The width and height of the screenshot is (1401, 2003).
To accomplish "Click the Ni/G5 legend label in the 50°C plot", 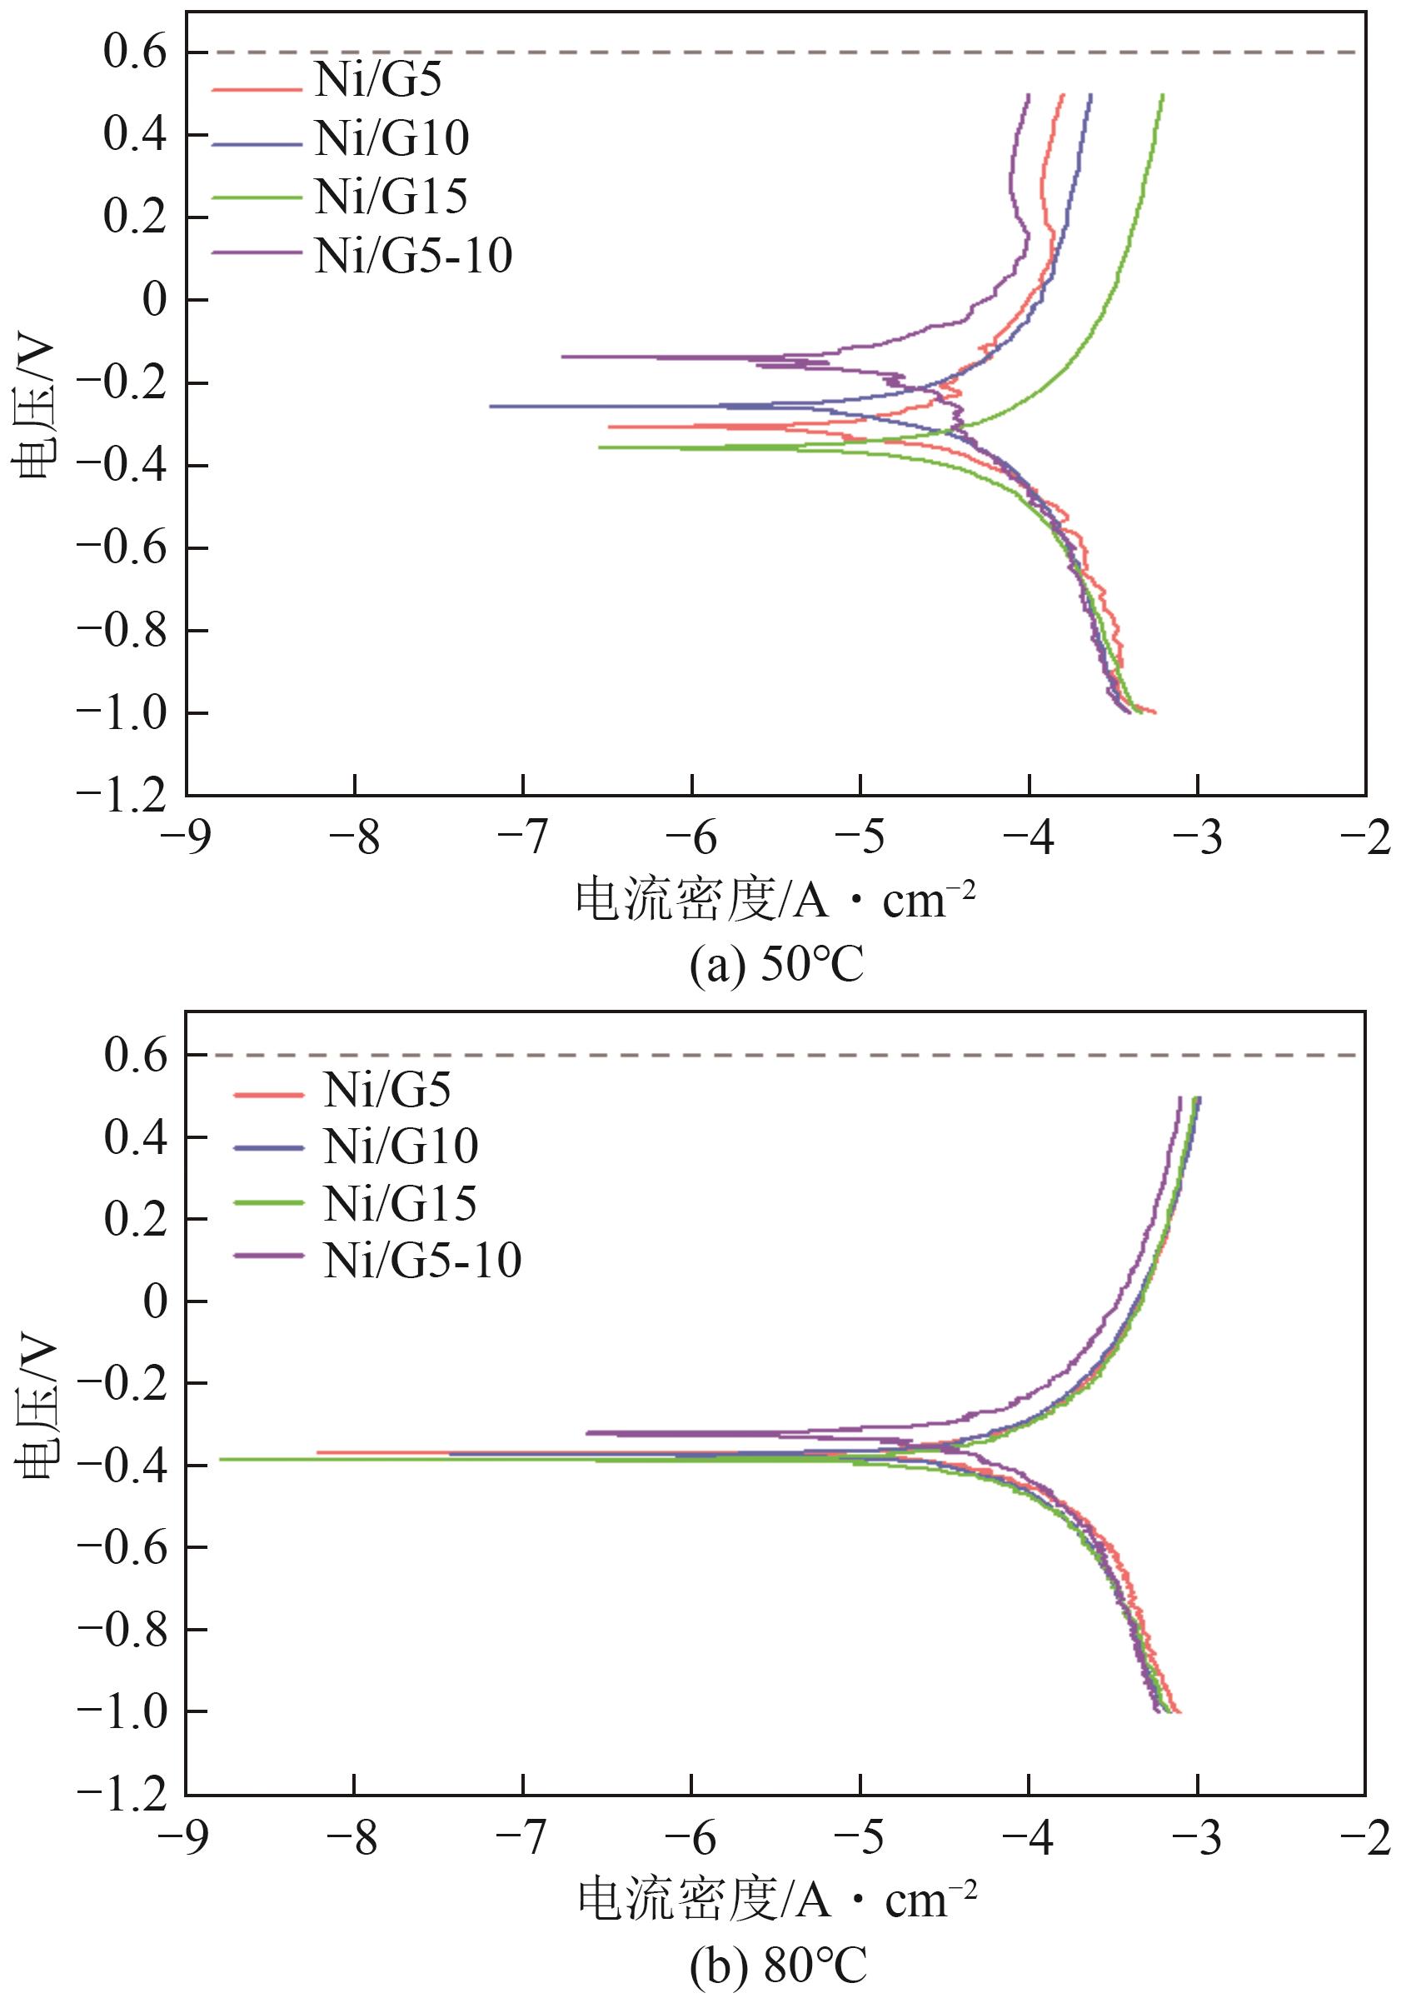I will (x=377, y=80).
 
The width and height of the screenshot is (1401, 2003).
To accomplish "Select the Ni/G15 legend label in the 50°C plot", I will (x=391, y=197).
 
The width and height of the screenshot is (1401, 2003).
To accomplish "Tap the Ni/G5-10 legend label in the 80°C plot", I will (x=422, y=1261).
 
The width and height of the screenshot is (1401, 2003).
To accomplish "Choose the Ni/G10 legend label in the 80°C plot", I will (x=401, y=1146).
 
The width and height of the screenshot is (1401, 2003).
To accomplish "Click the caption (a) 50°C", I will (x=775, y=966).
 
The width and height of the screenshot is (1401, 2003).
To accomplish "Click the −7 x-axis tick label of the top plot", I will (x=522, y=838).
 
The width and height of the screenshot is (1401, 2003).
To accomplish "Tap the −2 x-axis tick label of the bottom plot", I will (x=1365, y=1839).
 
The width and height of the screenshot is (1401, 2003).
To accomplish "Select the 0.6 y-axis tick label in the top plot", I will (x=134, y=52).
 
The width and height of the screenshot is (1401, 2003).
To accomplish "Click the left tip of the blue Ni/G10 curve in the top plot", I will (x=491, y=406).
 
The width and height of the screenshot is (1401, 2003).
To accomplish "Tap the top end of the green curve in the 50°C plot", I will (x=1162, y=95).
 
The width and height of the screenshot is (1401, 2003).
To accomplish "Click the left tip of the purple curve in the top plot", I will (x=563, y=356).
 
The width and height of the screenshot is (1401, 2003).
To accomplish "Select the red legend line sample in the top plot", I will (x=256, y=87).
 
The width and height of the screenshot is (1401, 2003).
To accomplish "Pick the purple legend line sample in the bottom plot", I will (x=269, y=1256).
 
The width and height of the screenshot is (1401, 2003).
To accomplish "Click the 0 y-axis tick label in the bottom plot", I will (x=154, y=1301).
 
